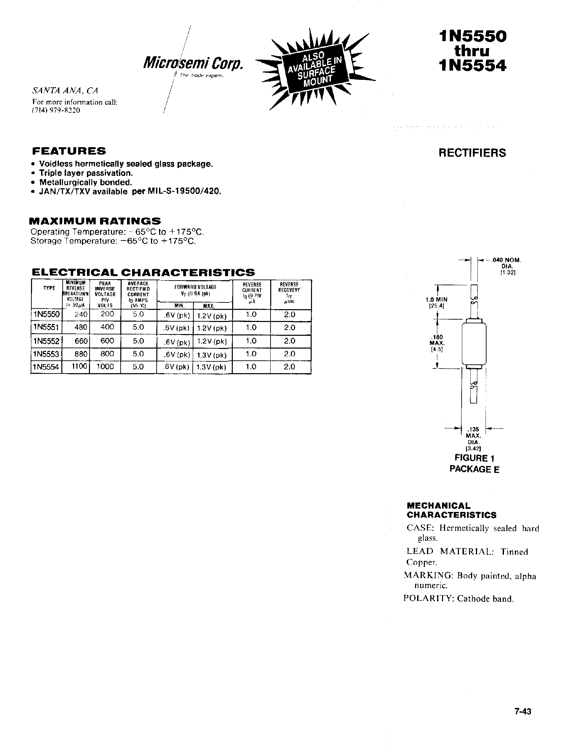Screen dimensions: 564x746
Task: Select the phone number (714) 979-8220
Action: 56,110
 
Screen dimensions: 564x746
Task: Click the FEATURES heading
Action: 69,151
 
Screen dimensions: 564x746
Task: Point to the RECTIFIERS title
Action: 472,153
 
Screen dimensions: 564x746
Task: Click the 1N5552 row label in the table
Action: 46,341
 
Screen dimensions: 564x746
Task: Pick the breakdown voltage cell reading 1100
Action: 79,366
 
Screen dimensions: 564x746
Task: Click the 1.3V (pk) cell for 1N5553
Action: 212,355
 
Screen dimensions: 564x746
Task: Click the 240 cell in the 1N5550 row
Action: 81,315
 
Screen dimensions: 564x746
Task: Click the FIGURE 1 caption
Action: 474,458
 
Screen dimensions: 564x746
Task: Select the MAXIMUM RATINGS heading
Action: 95,221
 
